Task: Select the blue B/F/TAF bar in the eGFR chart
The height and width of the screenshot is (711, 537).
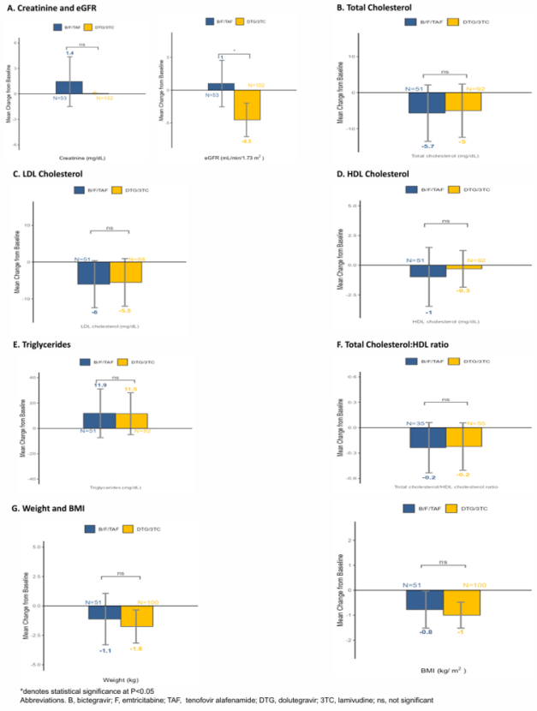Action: pyautogui.click(x=221, y=87)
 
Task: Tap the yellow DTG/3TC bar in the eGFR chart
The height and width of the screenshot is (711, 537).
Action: pyautogui.click(x=248, y=105)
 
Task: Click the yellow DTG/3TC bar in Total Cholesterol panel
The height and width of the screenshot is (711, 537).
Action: pyautogui.click(x=463, y=101)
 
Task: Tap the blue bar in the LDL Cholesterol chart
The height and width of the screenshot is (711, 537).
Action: pyautogui.click(x=93, y=272)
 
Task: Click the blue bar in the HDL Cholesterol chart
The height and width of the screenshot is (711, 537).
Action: pyautogui.click(x=427, y=271)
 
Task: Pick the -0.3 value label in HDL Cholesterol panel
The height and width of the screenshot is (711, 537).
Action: pyautogui.click(x=463, y=290)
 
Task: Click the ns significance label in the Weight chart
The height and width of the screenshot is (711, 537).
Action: pyautogui.click(x=122, y=571)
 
